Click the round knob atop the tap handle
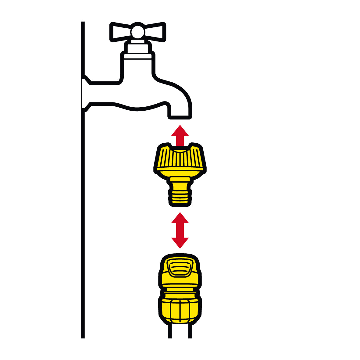coord(137,31)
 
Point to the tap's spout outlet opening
coord(180,116)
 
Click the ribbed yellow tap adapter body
coord(180,160)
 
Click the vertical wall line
coord(82,213)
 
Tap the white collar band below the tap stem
coord(137,56)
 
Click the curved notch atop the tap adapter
coord(180,150)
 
